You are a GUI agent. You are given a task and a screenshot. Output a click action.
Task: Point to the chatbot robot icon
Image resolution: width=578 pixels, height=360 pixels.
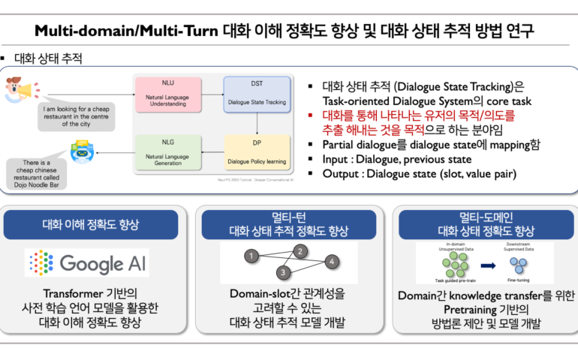(80, 151)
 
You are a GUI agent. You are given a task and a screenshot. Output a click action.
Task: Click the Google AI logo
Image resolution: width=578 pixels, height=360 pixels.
(87, 263)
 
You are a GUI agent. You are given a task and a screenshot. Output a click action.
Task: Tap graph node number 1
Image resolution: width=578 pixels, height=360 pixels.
(248, 257)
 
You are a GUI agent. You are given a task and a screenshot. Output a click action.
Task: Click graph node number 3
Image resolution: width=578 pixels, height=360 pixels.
(284, 271)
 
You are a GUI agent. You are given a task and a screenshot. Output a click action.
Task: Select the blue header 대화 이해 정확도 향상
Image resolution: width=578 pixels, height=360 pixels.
(90, 225)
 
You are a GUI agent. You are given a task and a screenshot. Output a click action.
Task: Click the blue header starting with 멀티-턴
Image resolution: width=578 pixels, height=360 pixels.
(288, 224)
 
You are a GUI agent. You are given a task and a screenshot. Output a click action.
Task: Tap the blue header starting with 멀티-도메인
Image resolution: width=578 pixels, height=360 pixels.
(485, 224)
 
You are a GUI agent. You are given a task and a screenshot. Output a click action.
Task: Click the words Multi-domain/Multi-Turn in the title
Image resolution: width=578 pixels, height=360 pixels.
(127, 31)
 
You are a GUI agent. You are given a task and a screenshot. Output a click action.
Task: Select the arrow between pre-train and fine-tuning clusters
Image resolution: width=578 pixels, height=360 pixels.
(487, 265)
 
